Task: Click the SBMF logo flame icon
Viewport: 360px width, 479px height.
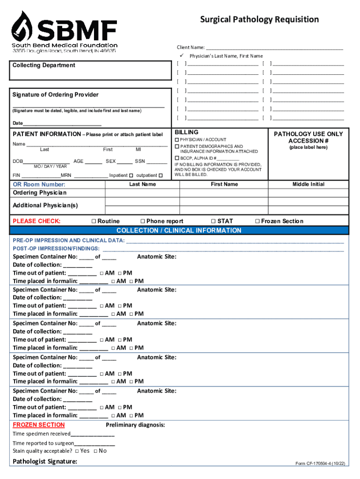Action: tap(22, 26)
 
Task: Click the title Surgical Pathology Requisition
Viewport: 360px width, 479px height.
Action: tap(259, 19)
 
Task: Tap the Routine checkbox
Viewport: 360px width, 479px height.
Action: tap(94, 221)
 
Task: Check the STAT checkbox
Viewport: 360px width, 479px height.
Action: tap(213, 221)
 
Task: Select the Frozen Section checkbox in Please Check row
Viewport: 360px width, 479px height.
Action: tap(257, 221)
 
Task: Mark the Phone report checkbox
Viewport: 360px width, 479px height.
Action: tap(143, 221)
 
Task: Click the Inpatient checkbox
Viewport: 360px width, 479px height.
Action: tap(131, 175)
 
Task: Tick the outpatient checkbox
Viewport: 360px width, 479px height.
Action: tap(160, 175)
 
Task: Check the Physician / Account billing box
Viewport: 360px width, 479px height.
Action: tap(177, 140)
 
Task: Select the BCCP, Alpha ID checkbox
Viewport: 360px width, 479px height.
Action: tap(177, 159)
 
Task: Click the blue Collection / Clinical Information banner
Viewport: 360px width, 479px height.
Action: tap(179, 231)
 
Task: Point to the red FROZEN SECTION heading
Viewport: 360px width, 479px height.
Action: tap(39, 425)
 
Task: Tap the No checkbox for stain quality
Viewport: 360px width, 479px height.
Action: tap(95, 451)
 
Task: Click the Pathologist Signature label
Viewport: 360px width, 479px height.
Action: tap(45, 462)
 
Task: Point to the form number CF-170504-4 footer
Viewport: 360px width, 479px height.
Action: tap(320, 464)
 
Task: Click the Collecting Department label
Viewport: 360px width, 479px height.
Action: tap(44, 65)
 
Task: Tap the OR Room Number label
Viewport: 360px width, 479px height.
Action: tap(39, 184)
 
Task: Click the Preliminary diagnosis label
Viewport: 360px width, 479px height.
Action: tap(135, 425)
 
